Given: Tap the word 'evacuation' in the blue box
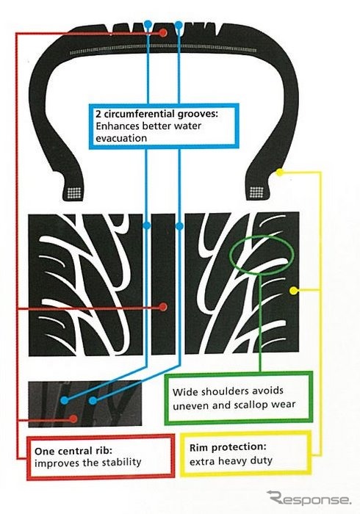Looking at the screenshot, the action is (x=121, y=138).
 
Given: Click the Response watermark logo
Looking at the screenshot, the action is (x=309, y=498).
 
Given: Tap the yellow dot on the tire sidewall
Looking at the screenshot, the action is (x=279, y=172).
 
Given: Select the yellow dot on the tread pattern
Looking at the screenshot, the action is (x=294, y=290).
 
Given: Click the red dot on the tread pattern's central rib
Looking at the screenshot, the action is (x=163, y=307).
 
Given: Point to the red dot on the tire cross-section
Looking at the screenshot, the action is (x=163, y=33).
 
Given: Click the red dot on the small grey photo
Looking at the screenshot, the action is (x=73, y=419).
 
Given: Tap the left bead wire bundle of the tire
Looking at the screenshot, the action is (x=73, y=192).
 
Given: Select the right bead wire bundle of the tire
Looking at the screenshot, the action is (x=256, y=192).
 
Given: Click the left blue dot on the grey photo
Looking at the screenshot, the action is (x=65, y=400).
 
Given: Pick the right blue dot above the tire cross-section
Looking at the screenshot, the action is (x=179, y=24).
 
